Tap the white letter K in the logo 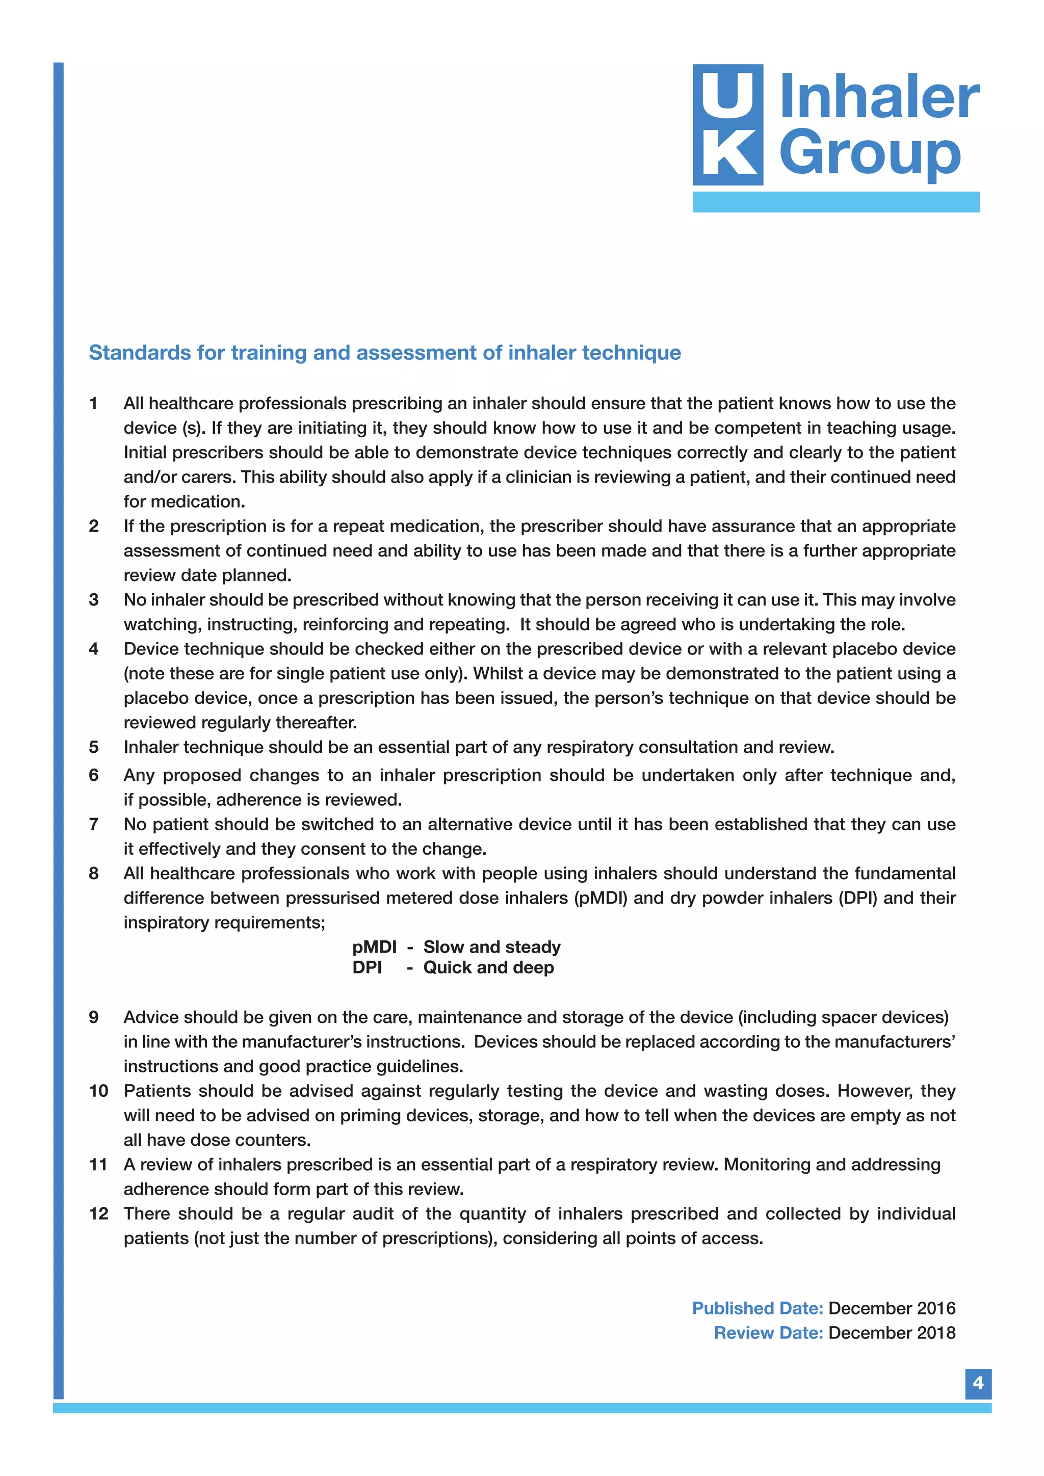728,154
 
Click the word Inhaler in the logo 879,98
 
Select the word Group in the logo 869,154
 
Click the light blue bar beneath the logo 836,202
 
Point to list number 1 94,404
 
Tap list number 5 94,747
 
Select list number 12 98,1214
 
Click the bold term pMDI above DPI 374,947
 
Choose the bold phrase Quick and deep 488,967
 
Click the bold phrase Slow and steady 492,947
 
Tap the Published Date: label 758,1308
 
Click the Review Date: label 768,1333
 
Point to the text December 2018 892,1333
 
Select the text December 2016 892,1308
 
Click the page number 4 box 978,1383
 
